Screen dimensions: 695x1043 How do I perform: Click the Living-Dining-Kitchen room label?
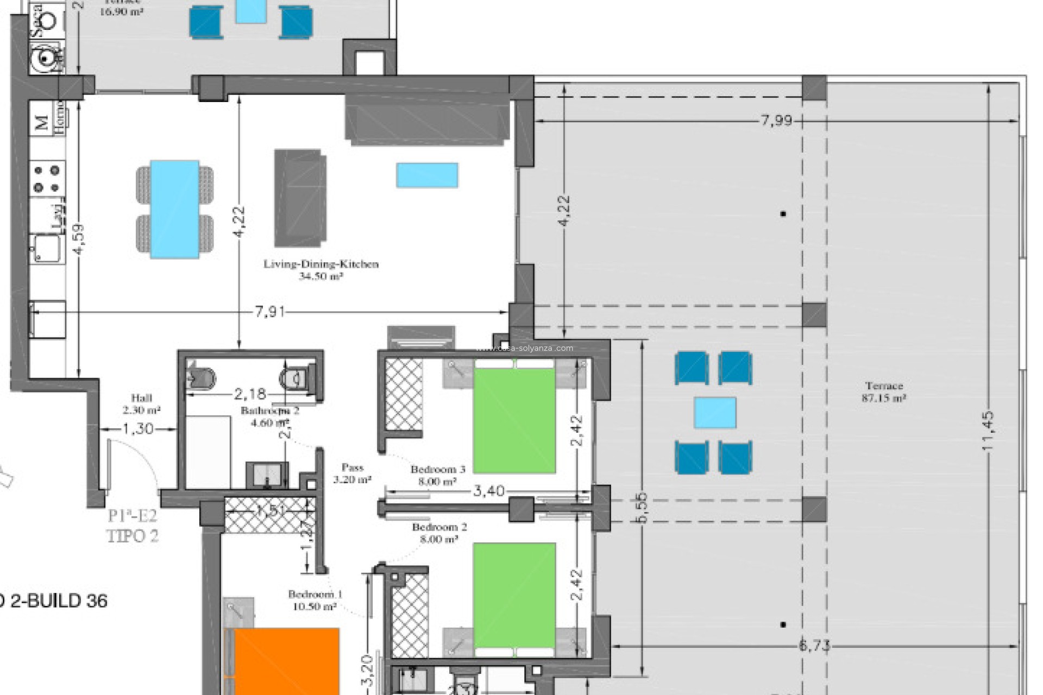pyautogui.click(x=321, y=265)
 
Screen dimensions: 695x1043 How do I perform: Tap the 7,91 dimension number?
pyautogui.click(x=270, y=312)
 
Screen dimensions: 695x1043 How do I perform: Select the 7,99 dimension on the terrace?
pyautogui.click(x=776, y=121)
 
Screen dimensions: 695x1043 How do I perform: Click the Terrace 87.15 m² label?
pyautogui.click(x=884, y=391)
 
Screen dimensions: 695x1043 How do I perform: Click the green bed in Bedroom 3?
pyautogui.click(x=514, y=420)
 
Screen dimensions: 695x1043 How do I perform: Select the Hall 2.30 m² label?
pyautogui.click(x=141, y=403)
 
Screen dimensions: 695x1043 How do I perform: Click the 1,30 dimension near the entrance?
pyautogui.click(x=138, y=429)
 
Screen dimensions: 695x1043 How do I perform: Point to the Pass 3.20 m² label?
pyautogui.click(x=352, y=473)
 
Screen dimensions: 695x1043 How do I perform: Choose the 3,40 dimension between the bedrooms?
pyautogui.click(x=489, y=491)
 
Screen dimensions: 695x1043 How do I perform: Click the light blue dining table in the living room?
pyautogui.click(x=174, y=209)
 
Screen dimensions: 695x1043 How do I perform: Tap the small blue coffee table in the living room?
pyautogui.click(x=427, y=175)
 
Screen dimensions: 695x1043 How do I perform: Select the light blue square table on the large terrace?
pyautogui.click(x=715, y=413)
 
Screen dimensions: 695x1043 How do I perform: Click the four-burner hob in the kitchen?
pyautogui.click(x=47, y=179)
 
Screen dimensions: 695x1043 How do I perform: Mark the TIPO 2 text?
pyautogui.click(x=133, y=536)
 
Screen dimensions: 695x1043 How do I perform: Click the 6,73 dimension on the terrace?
pyautogui.click(x=814, y=646)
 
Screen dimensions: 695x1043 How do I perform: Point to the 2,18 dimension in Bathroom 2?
pyautogui.click(x=250, y=393)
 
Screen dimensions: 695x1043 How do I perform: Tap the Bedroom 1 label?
pyautogui.click(x=315, y=600)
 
